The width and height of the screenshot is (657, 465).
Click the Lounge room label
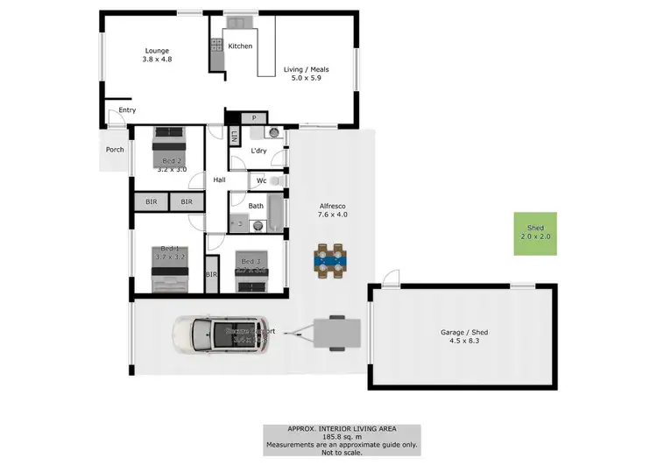158,51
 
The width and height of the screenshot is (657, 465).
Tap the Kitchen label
240,46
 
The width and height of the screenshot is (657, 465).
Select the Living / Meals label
306,68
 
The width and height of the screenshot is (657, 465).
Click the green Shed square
534,234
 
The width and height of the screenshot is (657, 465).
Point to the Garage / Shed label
463,333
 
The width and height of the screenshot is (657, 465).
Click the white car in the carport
220,334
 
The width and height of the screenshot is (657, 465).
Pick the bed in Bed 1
169,271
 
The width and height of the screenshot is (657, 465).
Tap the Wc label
261,181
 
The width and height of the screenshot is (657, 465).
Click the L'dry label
258,151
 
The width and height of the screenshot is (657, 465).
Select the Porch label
115,150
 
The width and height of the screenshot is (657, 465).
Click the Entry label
127,110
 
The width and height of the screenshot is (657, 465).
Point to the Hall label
219,180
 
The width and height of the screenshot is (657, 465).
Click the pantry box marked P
254,117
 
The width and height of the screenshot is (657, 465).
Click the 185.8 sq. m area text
342,435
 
